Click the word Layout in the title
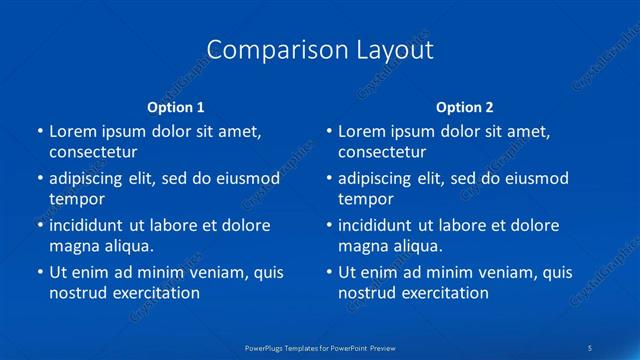point(395,50)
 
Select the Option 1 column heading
point(175,107)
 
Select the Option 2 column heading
point(465,107)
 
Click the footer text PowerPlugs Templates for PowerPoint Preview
point(321,347)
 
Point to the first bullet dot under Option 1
point(40,132)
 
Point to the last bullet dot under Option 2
point(329,272)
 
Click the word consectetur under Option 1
point(93,152)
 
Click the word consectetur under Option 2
point(382,152)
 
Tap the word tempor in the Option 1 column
point(77,199)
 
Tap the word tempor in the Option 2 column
point(366,199)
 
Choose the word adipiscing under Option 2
point(375,179)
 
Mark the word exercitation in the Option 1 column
point(154,293)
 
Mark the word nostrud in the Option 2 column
point(367,293)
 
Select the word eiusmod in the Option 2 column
point(534,179)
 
